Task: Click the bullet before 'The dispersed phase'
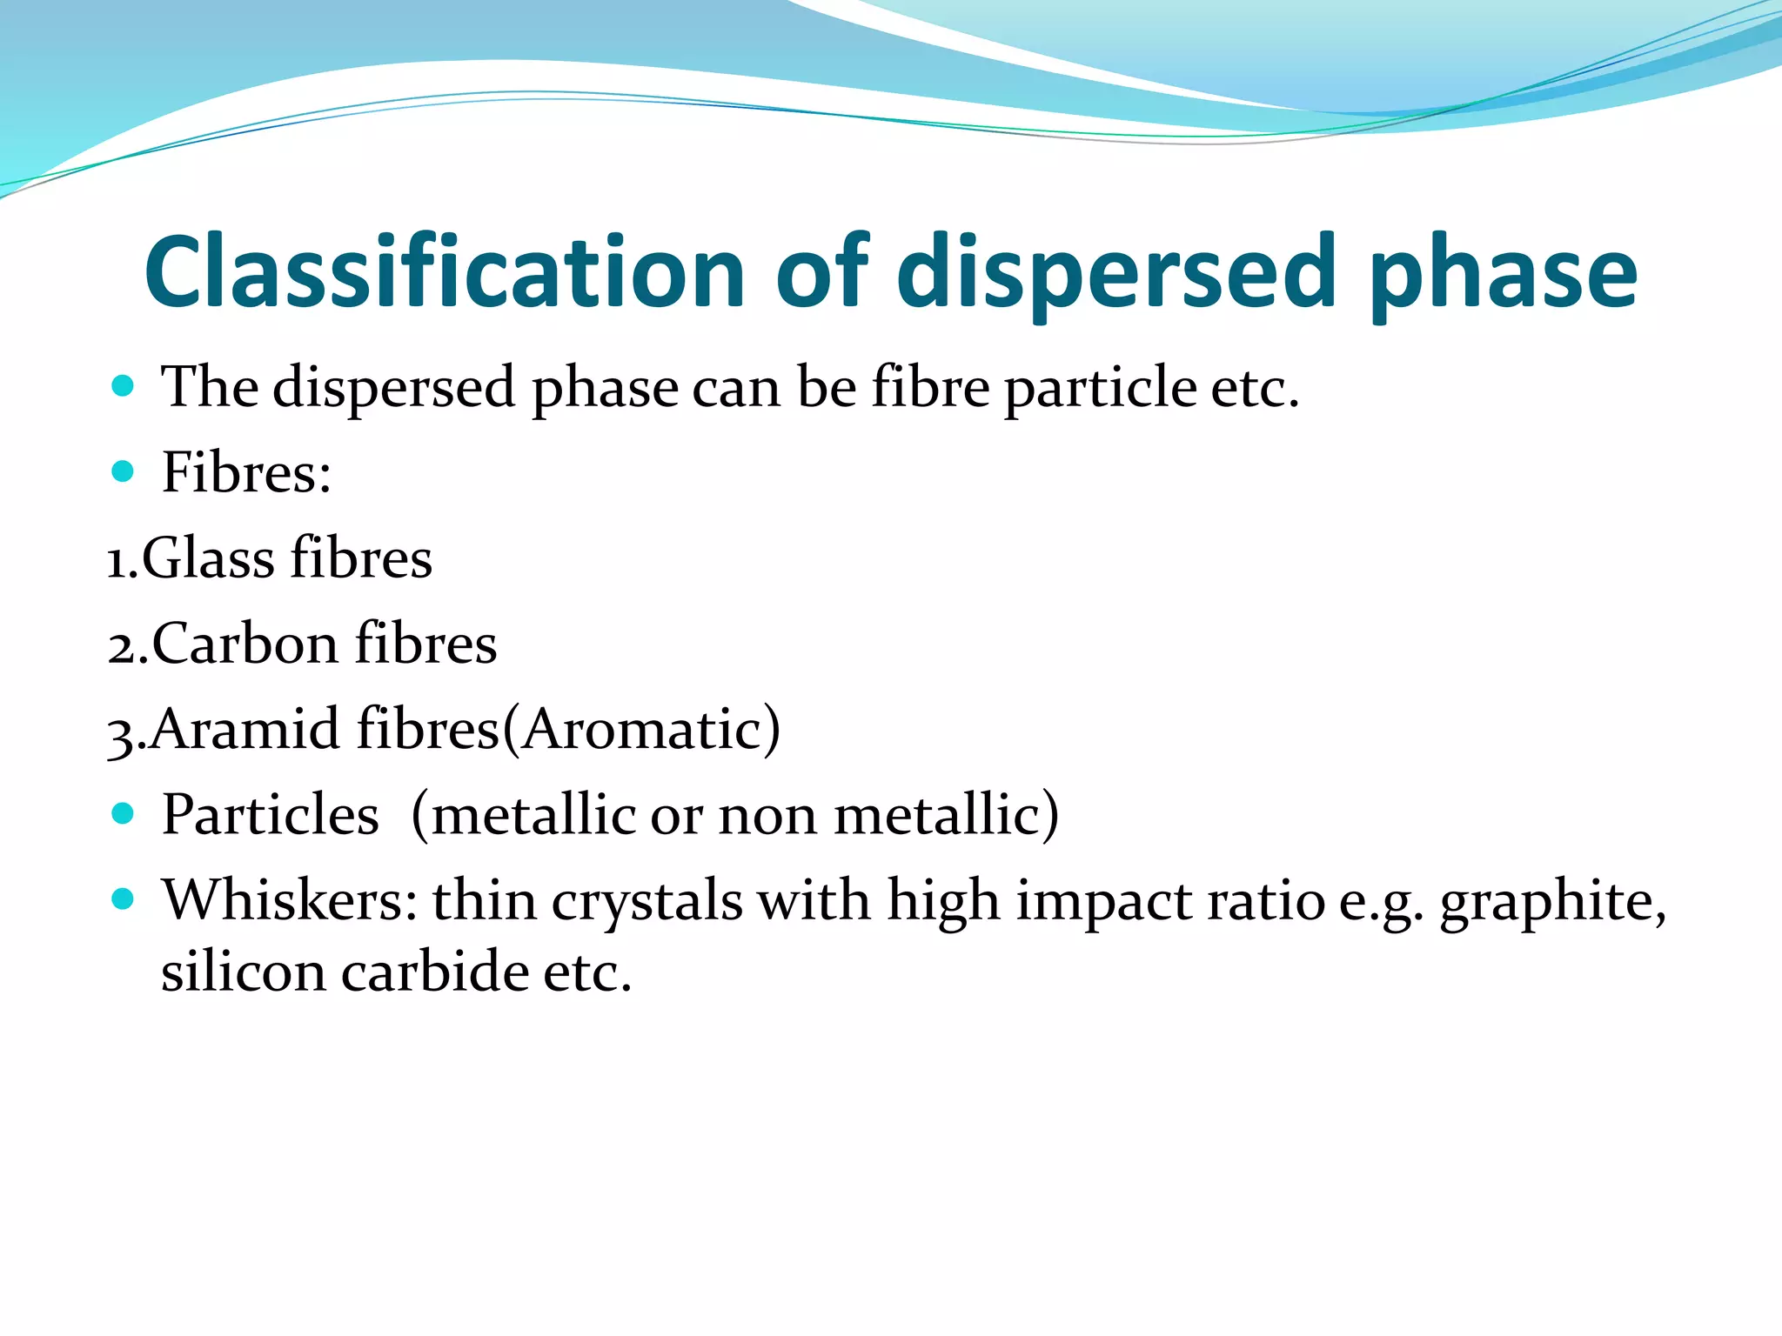[x=123, y=385]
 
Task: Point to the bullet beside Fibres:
[x=123, y=471]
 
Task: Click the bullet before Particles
[x=123, y=814]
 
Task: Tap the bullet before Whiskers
[x=123, y=898]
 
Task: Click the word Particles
[x=271, y=815]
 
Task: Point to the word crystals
[x=646, y=901]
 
